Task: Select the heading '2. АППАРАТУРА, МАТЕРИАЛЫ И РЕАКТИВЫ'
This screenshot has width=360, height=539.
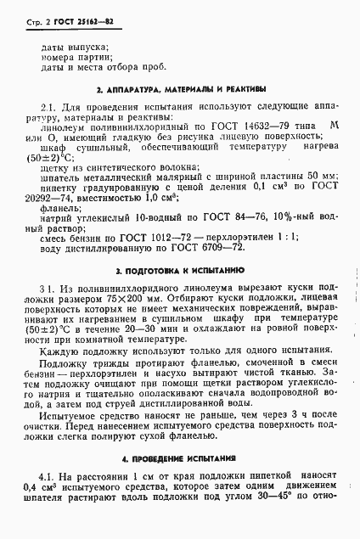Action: point(180,88)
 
